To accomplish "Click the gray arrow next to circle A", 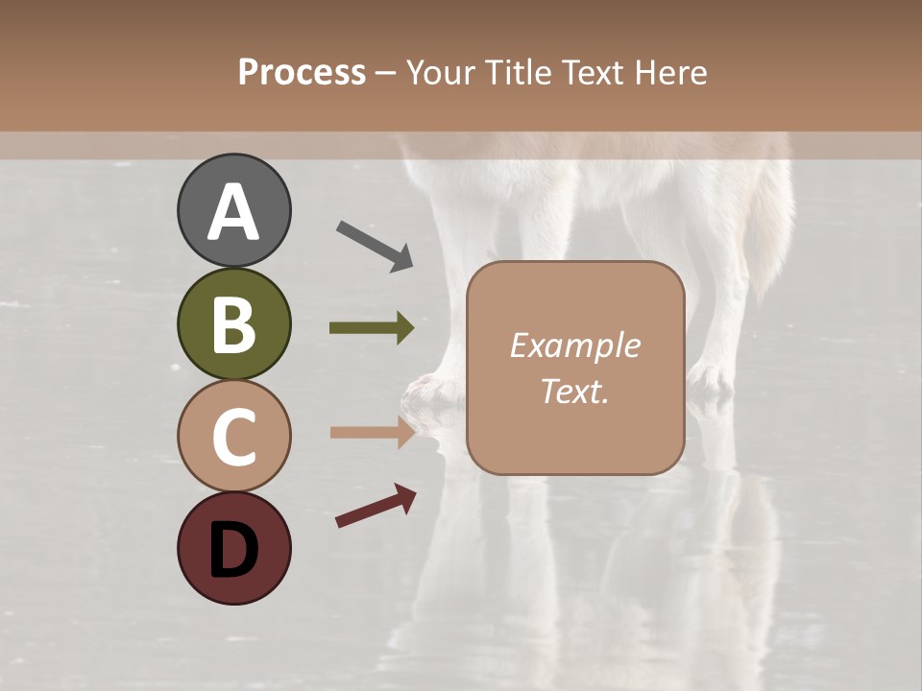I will pos(375,246).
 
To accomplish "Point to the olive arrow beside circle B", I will pos(372,328).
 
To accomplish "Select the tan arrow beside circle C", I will pos(372,432).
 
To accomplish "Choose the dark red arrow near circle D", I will pos(376,506).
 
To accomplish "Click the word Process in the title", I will pos(302,73).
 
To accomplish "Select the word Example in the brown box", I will pos(574,345).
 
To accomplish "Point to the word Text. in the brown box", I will pos(574,391).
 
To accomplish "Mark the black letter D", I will pos(233,550).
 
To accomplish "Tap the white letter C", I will pos(233,438).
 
